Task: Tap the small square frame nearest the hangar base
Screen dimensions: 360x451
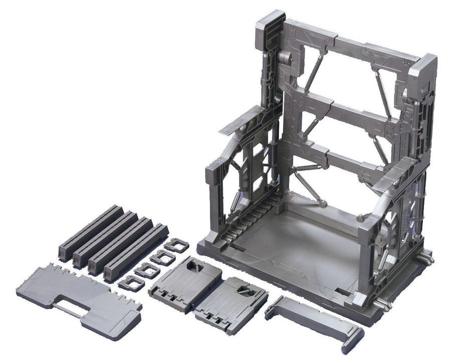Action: (x=176, y=245)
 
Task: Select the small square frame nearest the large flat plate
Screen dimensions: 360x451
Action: (x=131, y=283)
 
